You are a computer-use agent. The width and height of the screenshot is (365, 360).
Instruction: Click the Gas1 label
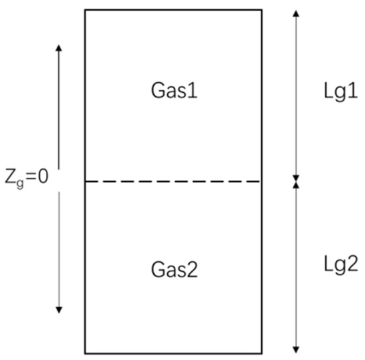click(x=174, y=91)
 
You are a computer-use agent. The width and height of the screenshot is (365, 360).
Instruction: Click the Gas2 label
click(x=175, y=269)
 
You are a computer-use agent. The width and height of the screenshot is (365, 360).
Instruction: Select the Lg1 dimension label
click(x=341, y=91)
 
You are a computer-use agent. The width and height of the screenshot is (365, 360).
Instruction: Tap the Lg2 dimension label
click(x=341, y=265)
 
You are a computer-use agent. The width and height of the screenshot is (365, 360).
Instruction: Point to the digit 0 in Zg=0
click(x=43, y=176)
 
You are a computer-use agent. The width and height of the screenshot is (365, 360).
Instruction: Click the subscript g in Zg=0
click(x=20, y=184)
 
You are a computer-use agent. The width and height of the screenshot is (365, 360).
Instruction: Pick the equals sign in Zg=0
click(x=31, y=177)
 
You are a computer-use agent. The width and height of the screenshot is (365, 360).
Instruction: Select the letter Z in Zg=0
click(x=11, y=177)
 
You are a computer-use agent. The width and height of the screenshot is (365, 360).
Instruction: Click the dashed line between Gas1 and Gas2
click(x=173, y=182)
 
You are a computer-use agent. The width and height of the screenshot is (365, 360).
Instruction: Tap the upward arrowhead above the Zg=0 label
click(x=58, y=48)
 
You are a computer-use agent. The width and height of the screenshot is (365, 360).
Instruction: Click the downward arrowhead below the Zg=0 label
click(x=59, y=310)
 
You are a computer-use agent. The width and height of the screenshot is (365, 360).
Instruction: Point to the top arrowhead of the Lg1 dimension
click(x=296, y=13)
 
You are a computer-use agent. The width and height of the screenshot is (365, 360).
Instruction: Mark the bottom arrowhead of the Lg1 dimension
click(x=296, y=178)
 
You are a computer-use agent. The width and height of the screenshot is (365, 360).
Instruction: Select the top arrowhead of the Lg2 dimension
click(x=296, y=185)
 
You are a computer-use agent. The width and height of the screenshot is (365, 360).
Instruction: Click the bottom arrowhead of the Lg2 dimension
click(x=296, y=350)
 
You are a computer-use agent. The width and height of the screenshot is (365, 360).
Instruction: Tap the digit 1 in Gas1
click(x=193, y=91)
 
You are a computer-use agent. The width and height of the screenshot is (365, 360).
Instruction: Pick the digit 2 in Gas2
click(x=192, y=269)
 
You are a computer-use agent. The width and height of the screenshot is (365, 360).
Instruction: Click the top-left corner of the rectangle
click(x=85, y=10)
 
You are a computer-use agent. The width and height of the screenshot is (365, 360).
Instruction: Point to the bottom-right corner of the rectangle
click(x=261, y=353)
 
